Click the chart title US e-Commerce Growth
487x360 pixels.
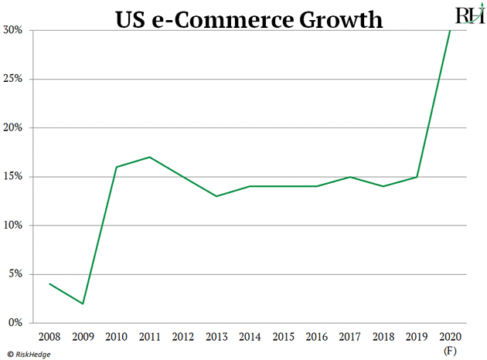[x=249, y=19]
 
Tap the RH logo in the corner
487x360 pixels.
[x=465, y=15]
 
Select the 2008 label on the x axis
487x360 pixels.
[x=49, y=337]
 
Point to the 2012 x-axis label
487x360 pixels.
[x=183, y=337]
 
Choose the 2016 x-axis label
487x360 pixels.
[x=317, y=337]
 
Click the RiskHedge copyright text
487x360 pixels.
[x=31, y=353]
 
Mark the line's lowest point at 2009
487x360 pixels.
[x=83, y=304]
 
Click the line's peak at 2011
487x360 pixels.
[x=150, y=157]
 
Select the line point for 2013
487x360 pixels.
[x=216, y=196]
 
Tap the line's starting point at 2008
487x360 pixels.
[x=49, y=284]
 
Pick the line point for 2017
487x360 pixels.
[x=350, y=177]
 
